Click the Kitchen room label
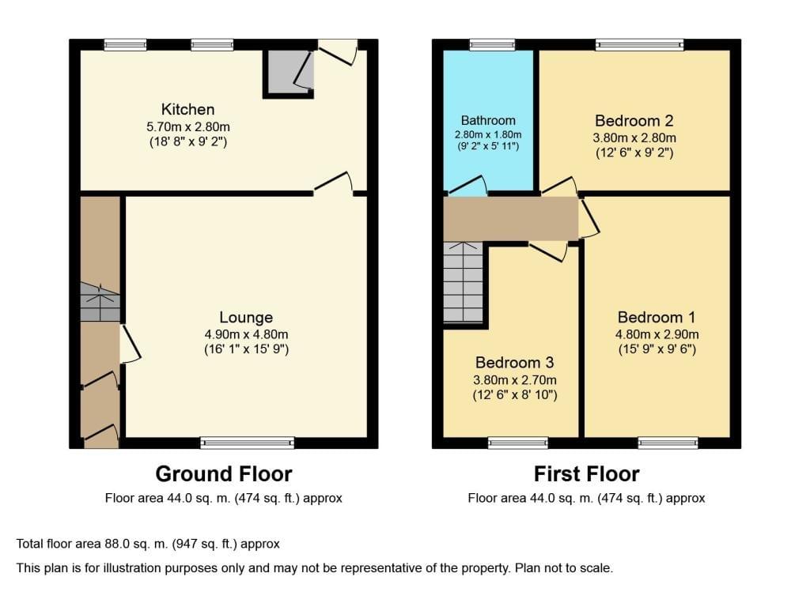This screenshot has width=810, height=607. click(x=188, y=109)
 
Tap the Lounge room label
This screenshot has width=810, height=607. click(x=246, y=317)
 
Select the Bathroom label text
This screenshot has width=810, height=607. click(x=488, y=121)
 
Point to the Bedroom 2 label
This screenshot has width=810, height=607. click(x=634, y=121)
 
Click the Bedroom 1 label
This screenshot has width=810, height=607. click(x=657, y=317)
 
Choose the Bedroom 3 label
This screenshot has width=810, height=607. click(x=514, y=362)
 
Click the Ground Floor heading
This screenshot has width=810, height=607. click(x=224, y=474)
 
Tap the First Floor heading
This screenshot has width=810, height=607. click(x=586, y=474)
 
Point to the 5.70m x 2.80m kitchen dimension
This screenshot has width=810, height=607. click(x=188, y=126)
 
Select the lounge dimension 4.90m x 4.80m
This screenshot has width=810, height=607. click(x=246, y=334)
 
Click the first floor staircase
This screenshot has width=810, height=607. click(x=463, y=282)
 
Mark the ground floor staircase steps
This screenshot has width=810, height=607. click(x=100, y=302)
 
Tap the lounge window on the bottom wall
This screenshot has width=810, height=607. click(x=248, y=443)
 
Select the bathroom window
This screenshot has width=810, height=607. click(x=492, y=45)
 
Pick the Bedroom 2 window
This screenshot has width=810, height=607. click(x=639, y=45)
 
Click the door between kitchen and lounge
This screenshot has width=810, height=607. click(x=334, y=184)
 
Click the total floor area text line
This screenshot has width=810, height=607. click(x=148, y=544)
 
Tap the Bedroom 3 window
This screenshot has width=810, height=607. click(x=518, y=443)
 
